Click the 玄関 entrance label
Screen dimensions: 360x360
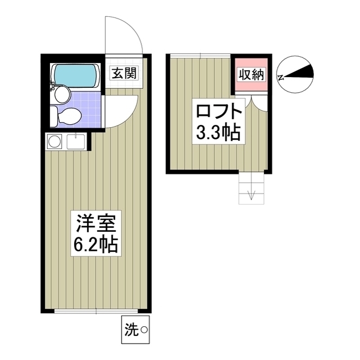pos(124,73)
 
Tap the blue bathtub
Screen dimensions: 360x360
pos(75,75)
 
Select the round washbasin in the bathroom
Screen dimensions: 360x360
pos(62,94)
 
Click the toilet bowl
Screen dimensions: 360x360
pos(69,116)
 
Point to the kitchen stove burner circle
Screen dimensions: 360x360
pos(55,141)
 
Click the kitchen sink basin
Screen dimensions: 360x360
pos(75,141)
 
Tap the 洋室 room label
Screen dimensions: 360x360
pos(96,223)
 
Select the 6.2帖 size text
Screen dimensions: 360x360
pos(96,245)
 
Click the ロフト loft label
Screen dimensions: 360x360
pos(219,111)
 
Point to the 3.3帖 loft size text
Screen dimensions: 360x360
pos(218,133)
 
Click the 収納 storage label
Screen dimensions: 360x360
pos(251,75)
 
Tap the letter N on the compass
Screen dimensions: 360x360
pos(281,78)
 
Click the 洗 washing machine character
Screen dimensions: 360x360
pos(132,331)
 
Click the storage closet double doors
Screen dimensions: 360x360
pos(251,103)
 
